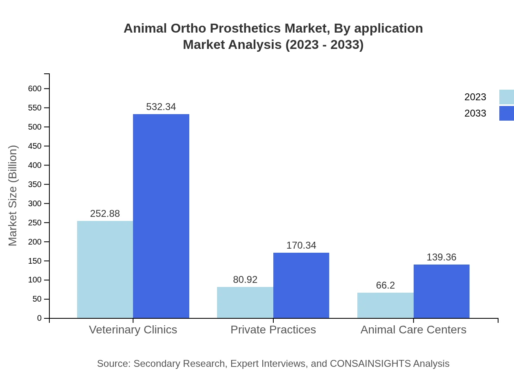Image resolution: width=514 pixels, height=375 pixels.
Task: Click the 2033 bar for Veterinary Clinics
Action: click(161, 216)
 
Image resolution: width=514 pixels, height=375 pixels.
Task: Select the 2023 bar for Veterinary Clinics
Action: click(105, 269)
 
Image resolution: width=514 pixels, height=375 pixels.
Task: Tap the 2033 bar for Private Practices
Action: click(301, 285)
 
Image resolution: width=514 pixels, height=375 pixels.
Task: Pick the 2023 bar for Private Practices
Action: click(245, 302)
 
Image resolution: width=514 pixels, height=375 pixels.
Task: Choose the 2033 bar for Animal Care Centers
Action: click(441, 291)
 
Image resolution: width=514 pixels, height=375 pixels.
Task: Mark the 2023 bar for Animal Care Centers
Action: click(385, 305)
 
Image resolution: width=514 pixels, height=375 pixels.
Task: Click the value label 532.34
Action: click(161, 107)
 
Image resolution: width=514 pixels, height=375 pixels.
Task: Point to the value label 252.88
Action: click(105, 214)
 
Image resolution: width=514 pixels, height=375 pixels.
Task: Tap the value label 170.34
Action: click(301, 245)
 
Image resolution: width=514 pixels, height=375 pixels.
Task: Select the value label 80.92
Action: click(245, 280)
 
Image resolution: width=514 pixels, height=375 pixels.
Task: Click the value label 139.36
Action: click(441, 257)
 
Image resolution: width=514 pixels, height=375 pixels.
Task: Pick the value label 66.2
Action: click(385, 285)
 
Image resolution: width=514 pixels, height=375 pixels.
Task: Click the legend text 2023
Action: click(475, 97)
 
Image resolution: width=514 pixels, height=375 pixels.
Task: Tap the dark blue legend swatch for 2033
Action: click(506, 113)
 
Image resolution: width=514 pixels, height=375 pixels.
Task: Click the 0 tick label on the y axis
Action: click(40, 318)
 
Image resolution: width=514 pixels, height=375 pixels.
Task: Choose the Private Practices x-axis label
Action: click(273, 329)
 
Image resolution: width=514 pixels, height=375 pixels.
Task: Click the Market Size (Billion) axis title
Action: click(13, 196)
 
